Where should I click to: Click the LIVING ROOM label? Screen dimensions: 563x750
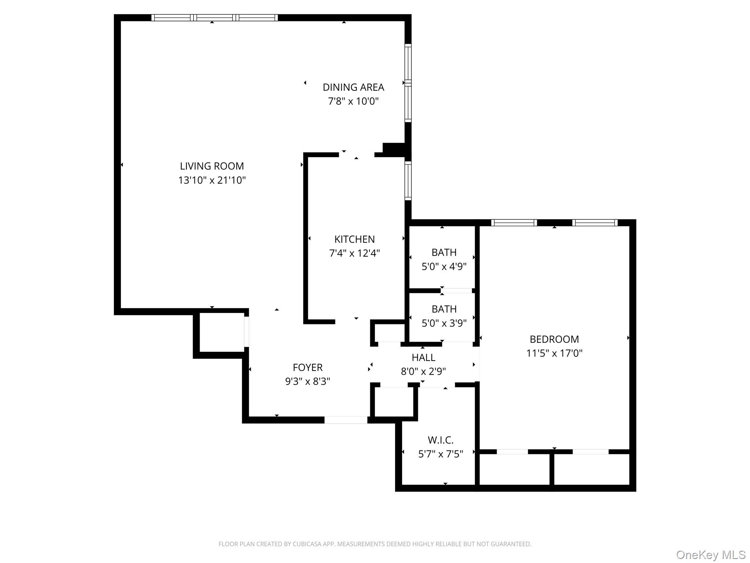212,166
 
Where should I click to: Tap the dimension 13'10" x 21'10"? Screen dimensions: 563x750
212,180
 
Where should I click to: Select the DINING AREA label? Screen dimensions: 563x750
353,87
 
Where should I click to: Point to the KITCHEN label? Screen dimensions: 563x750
354,239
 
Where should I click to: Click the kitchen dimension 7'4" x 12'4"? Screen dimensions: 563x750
354,253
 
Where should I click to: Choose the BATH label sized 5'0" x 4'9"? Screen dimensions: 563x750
444,253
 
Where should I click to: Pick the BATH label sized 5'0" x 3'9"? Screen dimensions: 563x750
444,309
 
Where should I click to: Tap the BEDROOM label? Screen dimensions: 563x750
554,339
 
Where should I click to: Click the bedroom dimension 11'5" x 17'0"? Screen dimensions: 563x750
554,353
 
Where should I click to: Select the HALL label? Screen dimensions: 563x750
423,357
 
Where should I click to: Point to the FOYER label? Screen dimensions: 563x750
308,367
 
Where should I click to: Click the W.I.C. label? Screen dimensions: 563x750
441,440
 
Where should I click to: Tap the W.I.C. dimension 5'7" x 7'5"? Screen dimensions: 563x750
441,454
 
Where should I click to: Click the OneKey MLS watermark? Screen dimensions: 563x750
710,555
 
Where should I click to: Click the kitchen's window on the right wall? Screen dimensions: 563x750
408,181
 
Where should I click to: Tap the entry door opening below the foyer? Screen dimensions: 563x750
346,420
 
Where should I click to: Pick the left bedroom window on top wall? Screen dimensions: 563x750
514,222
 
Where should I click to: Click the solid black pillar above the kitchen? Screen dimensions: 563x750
394,149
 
